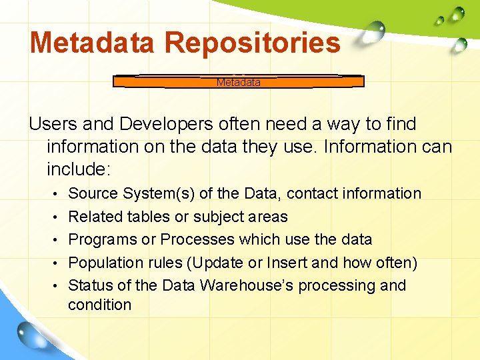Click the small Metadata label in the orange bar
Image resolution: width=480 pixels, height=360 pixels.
coord(238,83)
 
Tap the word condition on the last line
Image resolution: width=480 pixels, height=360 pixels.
coord(100,305)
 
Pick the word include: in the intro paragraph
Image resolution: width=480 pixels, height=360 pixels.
coord(78,169)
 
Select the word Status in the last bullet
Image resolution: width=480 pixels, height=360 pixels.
coord(91,285)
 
